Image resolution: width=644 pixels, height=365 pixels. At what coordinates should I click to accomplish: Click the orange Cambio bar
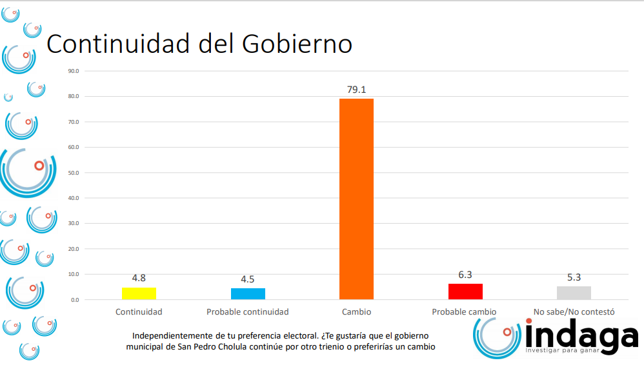pyautogui.click(x=356, y=199)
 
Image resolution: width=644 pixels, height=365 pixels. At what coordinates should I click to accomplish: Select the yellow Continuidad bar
pyautogui.click(x=139, y=293)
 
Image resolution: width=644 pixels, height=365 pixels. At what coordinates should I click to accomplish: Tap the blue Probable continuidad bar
pyautogui.click(x=248, y=294)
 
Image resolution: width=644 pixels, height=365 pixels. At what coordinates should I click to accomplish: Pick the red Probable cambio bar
pyautogui.click(x=465, y=291)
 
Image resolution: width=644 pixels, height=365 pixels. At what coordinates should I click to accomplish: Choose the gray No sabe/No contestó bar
pyautogui.click(x=574, y=293)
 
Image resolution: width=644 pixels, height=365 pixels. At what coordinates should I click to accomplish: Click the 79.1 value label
pyautogui.click(x=356, y=90)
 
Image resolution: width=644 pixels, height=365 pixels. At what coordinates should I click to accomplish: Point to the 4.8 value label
pyautogui.click(x=139, y=278)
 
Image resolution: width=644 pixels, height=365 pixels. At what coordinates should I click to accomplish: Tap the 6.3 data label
pyautogui.click(x=465, y=275)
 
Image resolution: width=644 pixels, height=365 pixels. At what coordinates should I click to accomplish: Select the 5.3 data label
pyautogui.click(x=574, y=277)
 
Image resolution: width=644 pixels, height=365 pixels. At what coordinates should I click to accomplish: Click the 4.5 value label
pyautogui.click(x=248, y=279)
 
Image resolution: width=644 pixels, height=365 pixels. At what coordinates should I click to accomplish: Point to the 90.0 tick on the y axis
pyautogui.click(x=73, y=71)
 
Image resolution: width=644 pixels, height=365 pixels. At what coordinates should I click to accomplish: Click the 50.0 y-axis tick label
pyautogui.click(x=73, y=173)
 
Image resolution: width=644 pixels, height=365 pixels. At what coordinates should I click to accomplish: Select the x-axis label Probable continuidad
pyautogui.click(x=248, y=312)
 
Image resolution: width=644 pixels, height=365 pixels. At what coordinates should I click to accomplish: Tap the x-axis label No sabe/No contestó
pyautogui.click(x=574, y=312)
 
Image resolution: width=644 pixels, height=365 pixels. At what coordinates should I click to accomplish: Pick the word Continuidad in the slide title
pyautogui.click(x=118, y=44)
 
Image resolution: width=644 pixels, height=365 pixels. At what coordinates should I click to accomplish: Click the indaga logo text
pyautogui.click(x=581, y=336)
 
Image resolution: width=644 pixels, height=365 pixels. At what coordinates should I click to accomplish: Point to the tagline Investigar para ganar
pyautogui.click(x=562, y=351)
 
